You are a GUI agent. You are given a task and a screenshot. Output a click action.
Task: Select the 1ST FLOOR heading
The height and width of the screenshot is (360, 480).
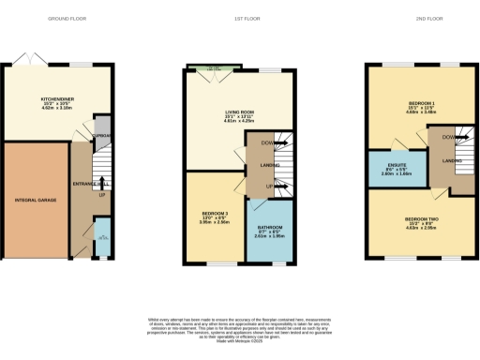(240, 19)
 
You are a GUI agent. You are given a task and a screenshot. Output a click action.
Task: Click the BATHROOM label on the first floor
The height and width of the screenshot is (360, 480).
(270, 231)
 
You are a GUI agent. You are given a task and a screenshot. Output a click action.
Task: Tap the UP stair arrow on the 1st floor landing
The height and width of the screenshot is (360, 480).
(269, 187)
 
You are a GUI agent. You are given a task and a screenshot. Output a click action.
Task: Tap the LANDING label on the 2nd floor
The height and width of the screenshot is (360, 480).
(452, 161)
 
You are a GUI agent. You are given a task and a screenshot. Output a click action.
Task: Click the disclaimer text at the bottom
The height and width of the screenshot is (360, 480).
(240, 330)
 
